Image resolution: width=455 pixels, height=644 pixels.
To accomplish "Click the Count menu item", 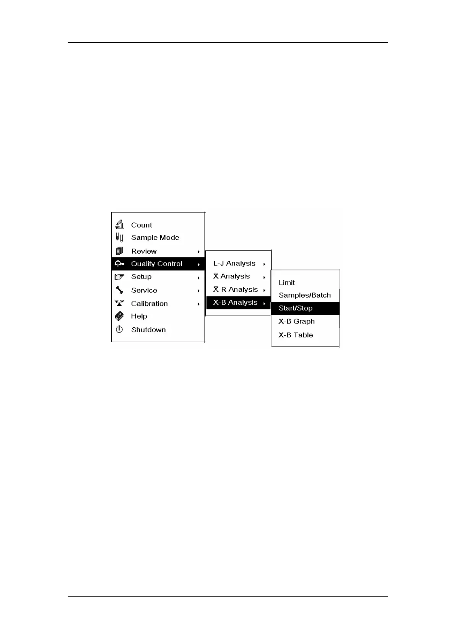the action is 141,225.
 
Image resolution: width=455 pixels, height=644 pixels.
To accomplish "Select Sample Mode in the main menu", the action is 155,237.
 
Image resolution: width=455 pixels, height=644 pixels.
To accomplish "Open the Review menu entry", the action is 144,251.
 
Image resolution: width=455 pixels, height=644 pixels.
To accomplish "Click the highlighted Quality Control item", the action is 157,264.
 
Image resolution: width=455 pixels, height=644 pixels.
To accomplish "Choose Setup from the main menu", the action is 141,276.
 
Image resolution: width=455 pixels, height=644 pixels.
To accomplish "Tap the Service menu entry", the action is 144,290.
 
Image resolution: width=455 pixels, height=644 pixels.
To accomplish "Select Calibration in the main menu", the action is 149,304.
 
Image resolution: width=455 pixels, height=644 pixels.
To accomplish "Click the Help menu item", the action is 139,316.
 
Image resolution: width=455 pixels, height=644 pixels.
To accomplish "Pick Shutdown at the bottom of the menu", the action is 148,330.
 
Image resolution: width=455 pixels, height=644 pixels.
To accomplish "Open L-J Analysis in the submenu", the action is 234,263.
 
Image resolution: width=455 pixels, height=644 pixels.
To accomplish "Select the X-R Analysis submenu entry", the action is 236,289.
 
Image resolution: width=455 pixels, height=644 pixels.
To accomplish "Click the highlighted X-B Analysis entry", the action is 235,302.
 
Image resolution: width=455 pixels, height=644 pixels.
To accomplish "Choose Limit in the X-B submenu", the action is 286,283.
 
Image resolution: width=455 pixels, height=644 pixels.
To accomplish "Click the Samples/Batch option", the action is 304,295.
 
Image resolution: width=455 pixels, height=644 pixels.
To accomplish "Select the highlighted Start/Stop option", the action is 296,308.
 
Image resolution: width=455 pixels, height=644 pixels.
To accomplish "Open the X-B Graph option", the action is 296,322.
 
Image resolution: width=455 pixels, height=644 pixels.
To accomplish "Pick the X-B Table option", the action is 296,335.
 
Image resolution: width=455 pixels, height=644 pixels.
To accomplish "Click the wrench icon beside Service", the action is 119,290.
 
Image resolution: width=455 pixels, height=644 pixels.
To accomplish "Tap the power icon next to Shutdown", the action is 119,329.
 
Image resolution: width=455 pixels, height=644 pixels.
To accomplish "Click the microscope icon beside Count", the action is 120,224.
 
